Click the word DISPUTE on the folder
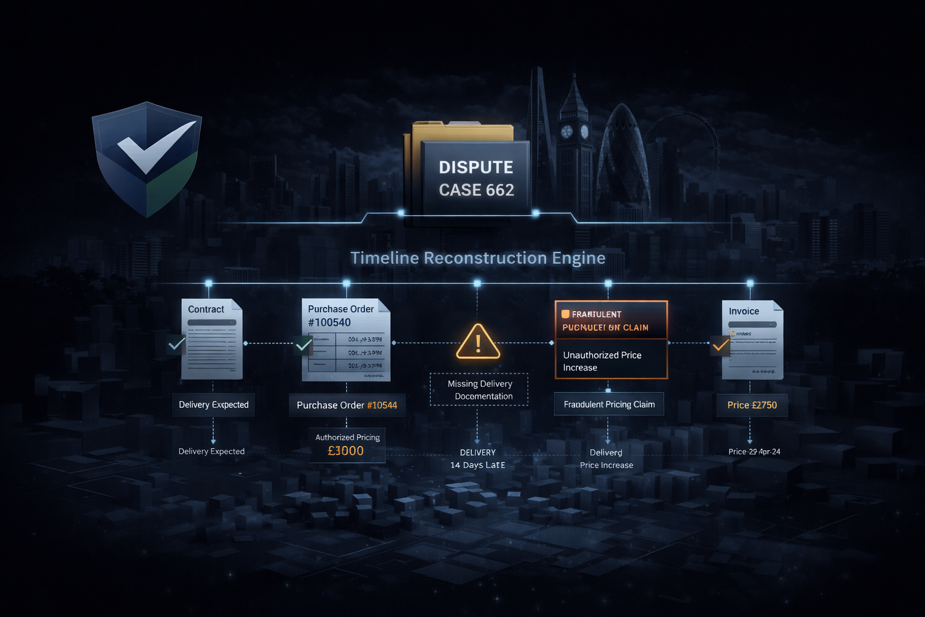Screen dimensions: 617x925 coord(476,167)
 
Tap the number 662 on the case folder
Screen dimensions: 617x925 coord(499,190)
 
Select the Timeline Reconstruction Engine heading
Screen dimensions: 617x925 coord(478,258)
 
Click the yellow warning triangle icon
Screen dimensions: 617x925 coord(478,342)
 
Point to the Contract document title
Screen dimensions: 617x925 coord(206,309)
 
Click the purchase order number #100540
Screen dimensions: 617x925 coord(329,322)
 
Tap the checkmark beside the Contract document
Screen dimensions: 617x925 coord(176,344)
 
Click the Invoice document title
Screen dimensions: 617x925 coord(744,311)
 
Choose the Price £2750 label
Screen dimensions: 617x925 coord(752,405)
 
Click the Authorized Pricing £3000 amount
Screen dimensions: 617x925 coord(346,451)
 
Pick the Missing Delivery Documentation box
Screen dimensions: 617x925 coord(479,390)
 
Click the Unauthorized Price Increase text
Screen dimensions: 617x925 coord(602,361)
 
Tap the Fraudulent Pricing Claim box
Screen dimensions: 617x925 coord(609,404)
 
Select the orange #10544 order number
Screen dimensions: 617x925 coord(382,405)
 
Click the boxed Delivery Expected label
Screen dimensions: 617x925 coord(213,404)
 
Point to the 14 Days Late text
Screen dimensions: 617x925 coord(478,465)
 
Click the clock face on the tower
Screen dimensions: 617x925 coord(567,131)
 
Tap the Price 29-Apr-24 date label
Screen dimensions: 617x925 coord(754,451)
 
